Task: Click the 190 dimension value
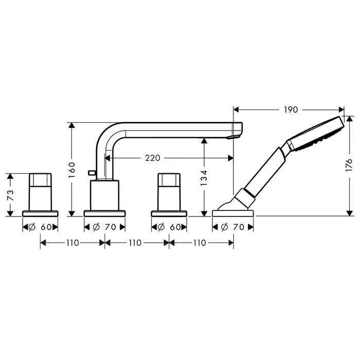coord(291,110)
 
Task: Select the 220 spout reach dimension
coord(153,158)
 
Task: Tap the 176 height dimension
coord(349,165)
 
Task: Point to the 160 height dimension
coord(72,170)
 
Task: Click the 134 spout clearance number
coord(204,178)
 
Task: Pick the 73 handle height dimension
coord(11,195)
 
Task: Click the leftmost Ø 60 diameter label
coord(40,227)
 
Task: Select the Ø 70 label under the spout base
coord(104,227)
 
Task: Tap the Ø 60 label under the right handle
coord(169,227)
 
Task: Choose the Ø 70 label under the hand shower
coord(232,227)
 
